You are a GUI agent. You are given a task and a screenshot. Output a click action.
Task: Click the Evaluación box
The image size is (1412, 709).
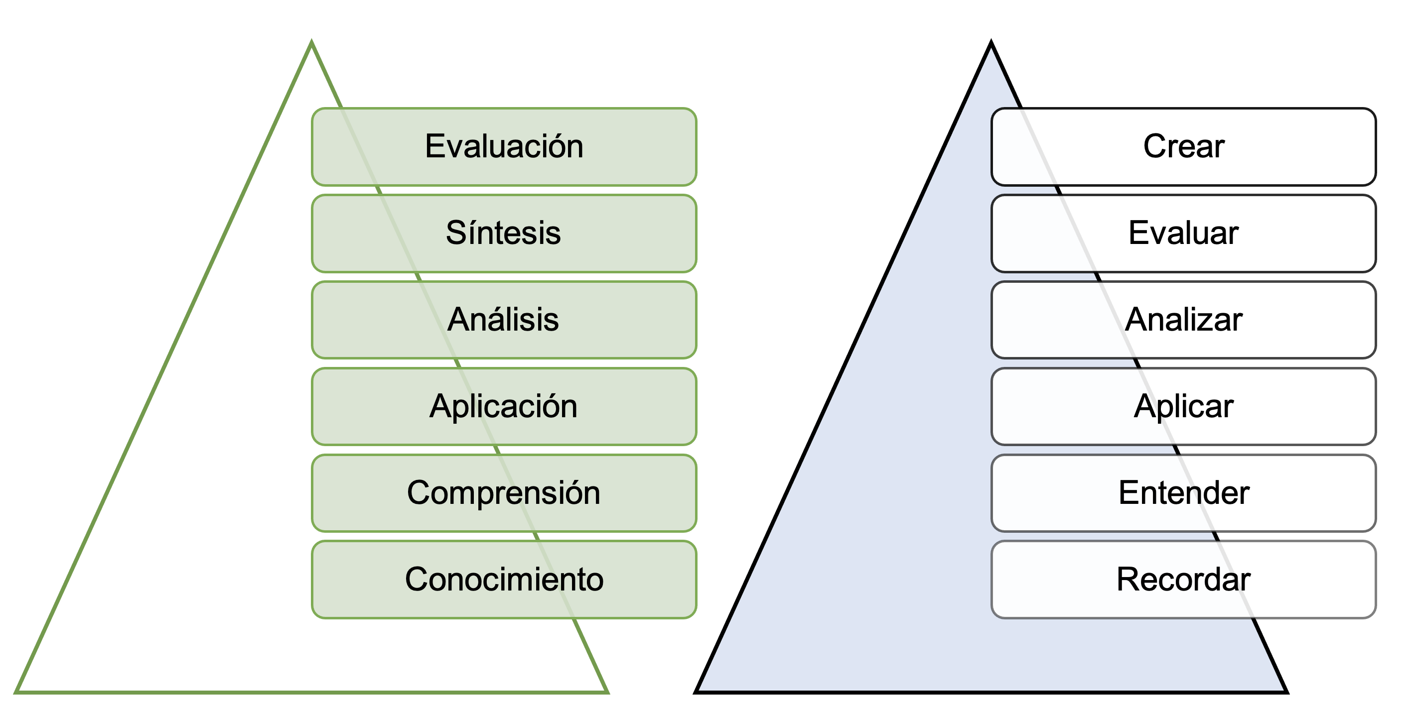[504, 147]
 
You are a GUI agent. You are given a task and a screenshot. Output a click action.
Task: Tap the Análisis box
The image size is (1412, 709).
[504, 320]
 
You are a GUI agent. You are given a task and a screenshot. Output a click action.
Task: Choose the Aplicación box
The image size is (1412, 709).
[504, 407]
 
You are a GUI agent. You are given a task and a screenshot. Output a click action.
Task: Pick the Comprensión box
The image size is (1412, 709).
[504, 493]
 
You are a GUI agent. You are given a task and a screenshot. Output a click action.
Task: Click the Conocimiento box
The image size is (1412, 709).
[504, 580]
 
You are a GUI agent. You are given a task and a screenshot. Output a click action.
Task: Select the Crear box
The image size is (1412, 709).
[1183, 147]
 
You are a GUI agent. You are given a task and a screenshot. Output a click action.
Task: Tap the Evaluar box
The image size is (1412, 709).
[1183, 234]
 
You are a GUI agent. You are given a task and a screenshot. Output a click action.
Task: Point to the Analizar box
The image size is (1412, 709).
[1183, 320]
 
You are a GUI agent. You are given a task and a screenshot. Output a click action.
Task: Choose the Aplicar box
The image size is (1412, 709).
[1183, 407]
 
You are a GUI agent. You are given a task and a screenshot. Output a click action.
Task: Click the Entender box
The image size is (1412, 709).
[1183, 493]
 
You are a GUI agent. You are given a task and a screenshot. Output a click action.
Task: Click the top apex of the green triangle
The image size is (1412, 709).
[311, 43]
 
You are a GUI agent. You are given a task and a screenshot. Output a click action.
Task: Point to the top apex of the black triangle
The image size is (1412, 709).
[991, 43]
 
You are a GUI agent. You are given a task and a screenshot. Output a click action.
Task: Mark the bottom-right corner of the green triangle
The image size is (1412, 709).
[606, 692]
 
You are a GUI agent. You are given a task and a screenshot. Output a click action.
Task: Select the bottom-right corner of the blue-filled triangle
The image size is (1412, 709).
[1286, 692]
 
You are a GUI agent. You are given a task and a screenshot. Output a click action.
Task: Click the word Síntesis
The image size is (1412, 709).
[503, 234]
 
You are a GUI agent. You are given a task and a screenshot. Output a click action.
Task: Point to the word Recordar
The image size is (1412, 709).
[1183, 580]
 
